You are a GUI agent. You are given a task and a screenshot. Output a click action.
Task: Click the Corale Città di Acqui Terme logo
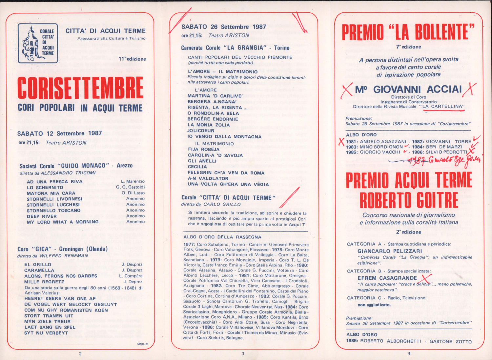tap(38, 43)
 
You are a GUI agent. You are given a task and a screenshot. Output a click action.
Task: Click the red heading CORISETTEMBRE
tap(80, 88)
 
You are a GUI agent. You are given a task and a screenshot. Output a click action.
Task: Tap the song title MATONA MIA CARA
tap(51, 193)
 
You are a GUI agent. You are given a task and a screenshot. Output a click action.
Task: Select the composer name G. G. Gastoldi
tap(130, 187)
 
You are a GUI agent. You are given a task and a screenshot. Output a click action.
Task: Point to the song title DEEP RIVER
tap(42, 216)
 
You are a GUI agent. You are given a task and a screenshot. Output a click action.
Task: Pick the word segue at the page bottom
tap(142, 344)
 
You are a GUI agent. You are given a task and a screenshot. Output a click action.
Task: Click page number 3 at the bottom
tap(243, 353)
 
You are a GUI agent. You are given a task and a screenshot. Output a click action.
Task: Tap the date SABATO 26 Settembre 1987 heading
tap(224, 27)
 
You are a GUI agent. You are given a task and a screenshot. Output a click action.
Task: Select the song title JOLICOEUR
tap(201, 131)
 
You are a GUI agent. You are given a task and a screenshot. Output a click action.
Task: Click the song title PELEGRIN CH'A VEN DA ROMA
tap(226, 173)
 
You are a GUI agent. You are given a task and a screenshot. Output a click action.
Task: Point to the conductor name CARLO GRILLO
tap(222, 204)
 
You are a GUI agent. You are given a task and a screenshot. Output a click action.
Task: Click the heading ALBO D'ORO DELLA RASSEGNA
tap(222, 237)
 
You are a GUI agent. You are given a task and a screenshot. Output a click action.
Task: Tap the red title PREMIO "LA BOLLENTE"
tap(408, 32)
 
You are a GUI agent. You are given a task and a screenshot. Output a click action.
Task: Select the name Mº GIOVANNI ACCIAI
tap(408, 89)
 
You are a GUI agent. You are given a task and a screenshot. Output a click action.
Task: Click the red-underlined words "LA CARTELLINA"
tap(443, 107)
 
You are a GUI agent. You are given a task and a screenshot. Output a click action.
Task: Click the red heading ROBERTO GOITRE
tap(409, 200)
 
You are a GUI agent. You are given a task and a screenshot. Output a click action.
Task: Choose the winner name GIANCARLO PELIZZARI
tap(390, 251)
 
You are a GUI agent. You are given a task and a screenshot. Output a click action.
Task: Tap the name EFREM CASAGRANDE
tap(387, 278)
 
